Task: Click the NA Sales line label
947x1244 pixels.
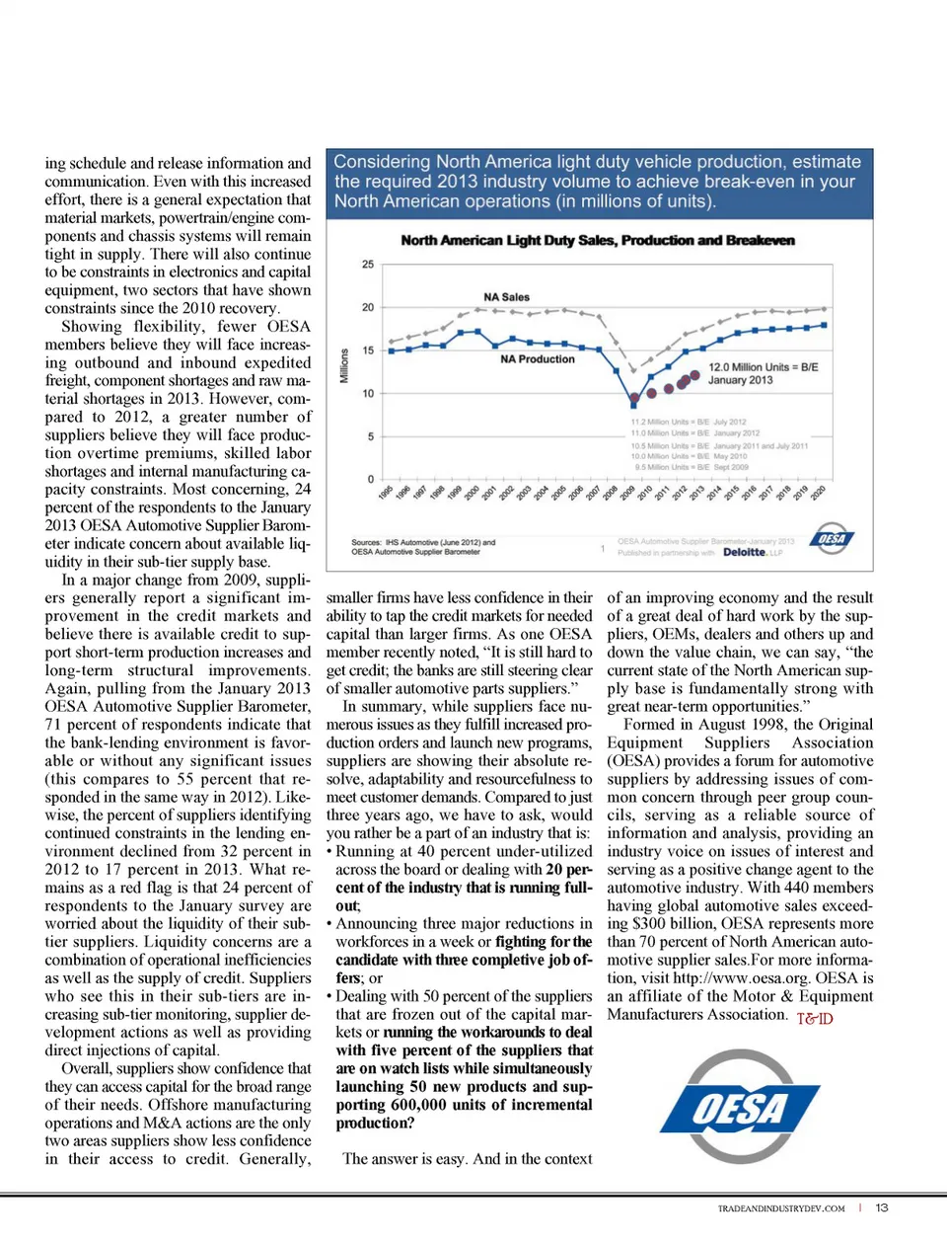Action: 506,297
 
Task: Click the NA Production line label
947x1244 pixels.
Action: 537,359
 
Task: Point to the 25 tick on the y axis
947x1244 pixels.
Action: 368,265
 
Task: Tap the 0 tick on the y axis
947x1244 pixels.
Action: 371,480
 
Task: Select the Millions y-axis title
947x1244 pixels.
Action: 344,365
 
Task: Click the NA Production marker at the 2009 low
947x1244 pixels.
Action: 635,402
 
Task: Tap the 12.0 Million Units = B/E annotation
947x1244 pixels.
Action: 763,367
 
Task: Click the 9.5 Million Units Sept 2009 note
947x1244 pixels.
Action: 692,467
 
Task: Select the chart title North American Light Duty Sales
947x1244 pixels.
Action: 598,240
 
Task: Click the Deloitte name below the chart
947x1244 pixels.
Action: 745,553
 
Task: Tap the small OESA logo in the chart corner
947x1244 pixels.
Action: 832,538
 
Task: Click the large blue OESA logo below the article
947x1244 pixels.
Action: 740,1108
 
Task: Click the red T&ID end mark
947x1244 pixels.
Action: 815,1018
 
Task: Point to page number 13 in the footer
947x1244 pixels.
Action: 882,1207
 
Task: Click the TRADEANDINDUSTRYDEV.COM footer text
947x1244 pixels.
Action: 780,1208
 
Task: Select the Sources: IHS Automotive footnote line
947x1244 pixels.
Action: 423,542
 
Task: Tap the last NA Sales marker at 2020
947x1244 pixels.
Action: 825,309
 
